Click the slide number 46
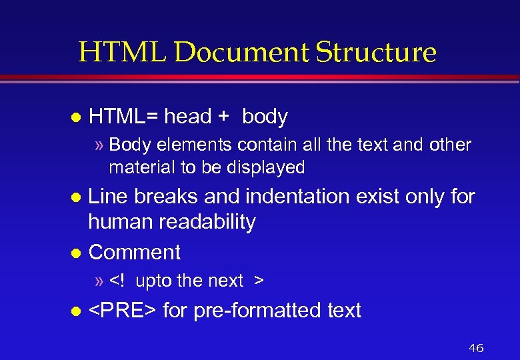[x=476, y=348]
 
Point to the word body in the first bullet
[x=265, y=117]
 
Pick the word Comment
[x=134, y=252]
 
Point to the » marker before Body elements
[x=100, y=145]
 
